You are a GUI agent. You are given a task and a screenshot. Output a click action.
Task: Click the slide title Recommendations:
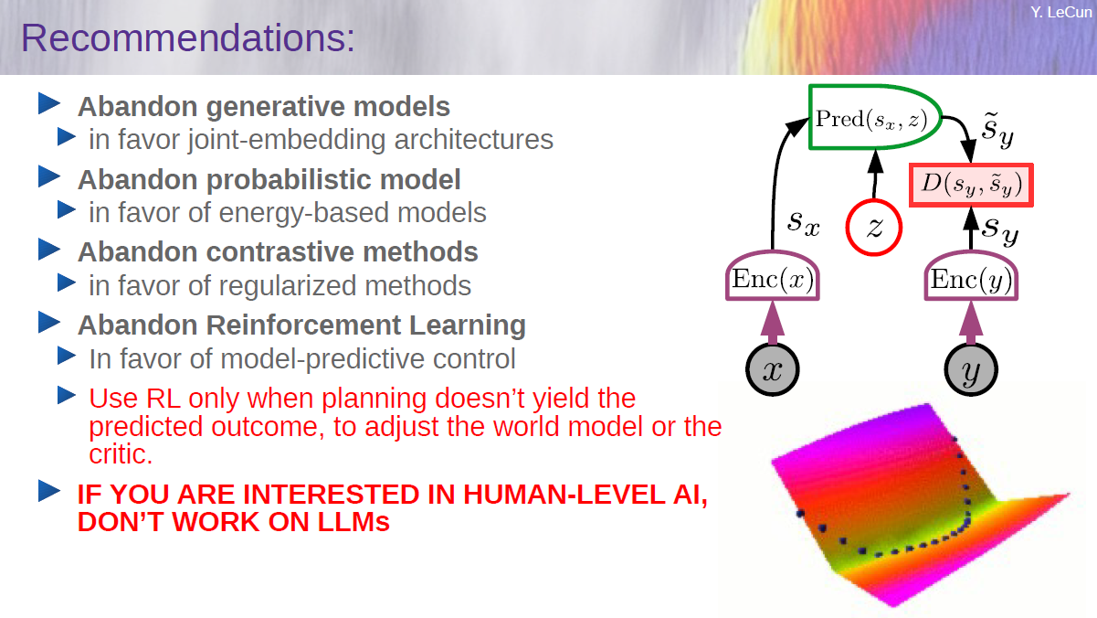(x=187, y=37)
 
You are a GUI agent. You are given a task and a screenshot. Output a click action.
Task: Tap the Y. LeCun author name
(x=1060, y=12)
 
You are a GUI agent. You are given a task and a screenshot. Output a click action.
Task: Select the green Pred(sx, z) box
(x=875, y=117)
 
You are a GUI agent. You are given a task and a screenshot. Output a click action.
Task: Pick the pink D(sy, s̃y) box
(x=971, y=185)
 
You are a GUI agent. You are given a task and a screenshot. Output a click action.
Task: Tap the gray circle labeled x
(x=773, y=369)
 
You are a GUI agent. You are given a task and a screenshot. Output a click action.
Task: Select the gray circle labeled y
(x=971, y=369)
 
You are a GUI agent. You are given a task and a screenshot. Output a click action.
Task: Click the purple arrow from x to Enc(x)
(x=773, y=323)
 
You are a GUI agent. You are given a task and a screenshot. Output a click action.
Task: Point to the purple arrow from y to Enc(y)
(x=971, y=323)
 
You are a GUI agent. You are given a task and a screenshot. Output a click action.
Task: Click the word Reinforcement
(x=303, y=325)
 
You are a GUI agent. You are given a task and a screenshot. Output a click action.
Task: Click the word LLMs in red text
(x=353, y=521)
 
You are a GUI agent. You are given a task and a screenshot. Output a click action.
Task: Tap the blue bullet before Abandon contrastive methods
(x=49, y=249)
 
